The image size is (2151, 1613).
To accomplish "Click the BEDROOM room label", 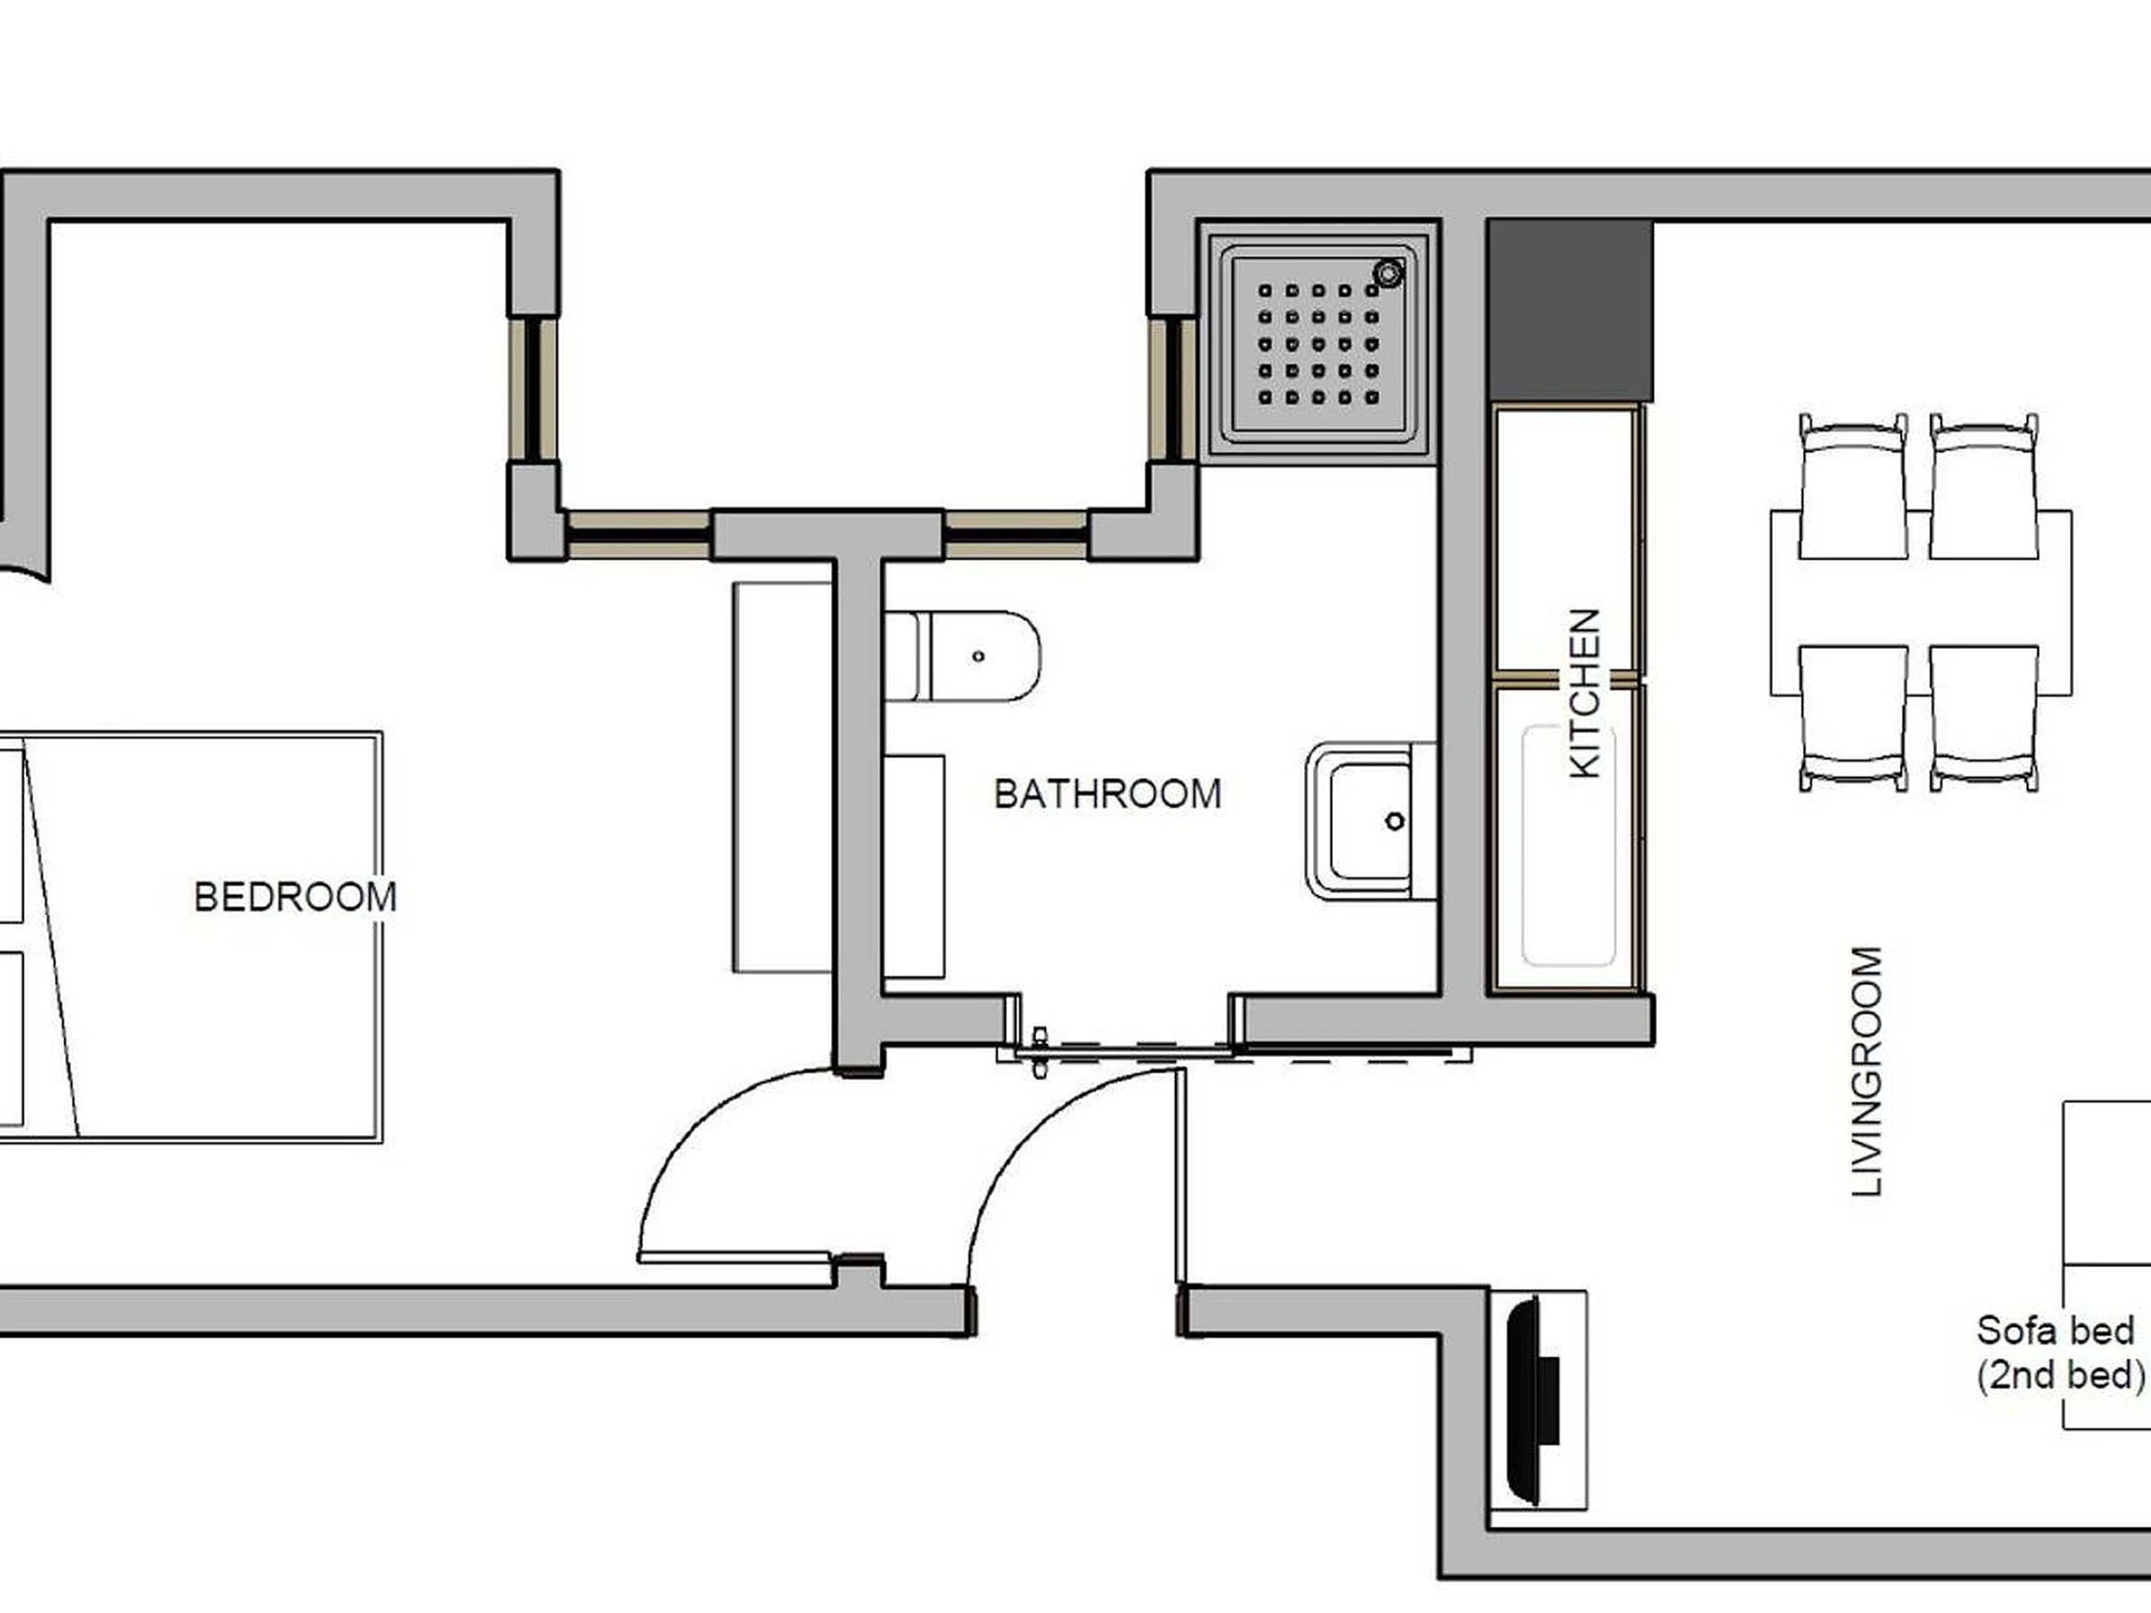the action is (x=296, y=896).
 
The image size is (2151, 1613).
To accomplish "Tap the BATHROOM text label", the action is (x=1108, y=794).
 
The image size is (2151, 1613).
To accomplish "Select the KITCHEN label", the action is (x=1585, y=694).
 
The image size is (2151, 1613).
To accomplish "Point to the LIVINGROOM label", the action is (x=1867, y=1071).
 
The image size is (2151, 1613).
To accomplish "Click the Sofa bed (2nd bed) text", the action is (x=2060, y=1352).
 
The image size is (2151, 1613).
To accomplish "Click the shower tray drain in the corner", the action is (x=1388, y=273).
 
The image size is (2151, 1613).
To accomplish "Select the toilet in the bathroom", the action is (x=962, y=656).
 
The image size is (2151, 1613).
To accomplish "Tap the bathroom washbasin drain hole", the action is (x=1395, y=822).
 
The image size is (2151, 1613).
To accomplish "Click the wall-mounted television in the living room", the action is (x=1533, y=1400).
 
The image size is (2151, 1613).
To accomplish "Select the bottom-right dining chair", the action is (x=1983, y=719).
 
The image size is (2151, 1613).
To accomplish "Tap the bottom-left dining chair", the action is (x=1853, y=719).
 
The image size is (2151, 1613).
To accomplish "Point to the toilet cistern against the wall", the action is (x=901, y=656).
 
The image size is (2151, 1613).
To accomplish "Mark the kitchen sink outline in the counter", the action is (x=1568, y=846).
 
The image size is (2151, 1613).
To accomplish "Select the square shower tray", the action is (x=1317, y=343).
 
